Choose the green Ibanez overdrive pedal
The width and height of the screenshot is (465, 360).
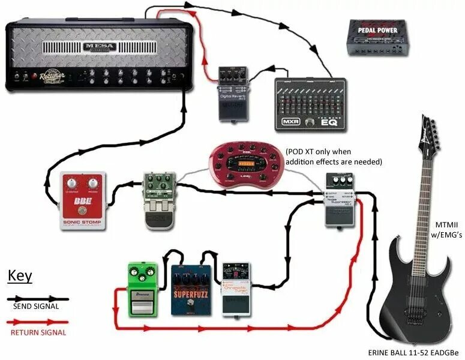click(142, 289)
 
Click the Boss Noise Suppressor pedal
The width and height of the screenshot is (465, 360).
click(340, 200)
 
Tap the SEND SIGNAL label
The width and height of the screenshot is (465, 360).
click(36, 307)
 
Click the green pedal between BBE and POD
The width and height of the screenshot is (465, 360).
click(158, 197)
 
